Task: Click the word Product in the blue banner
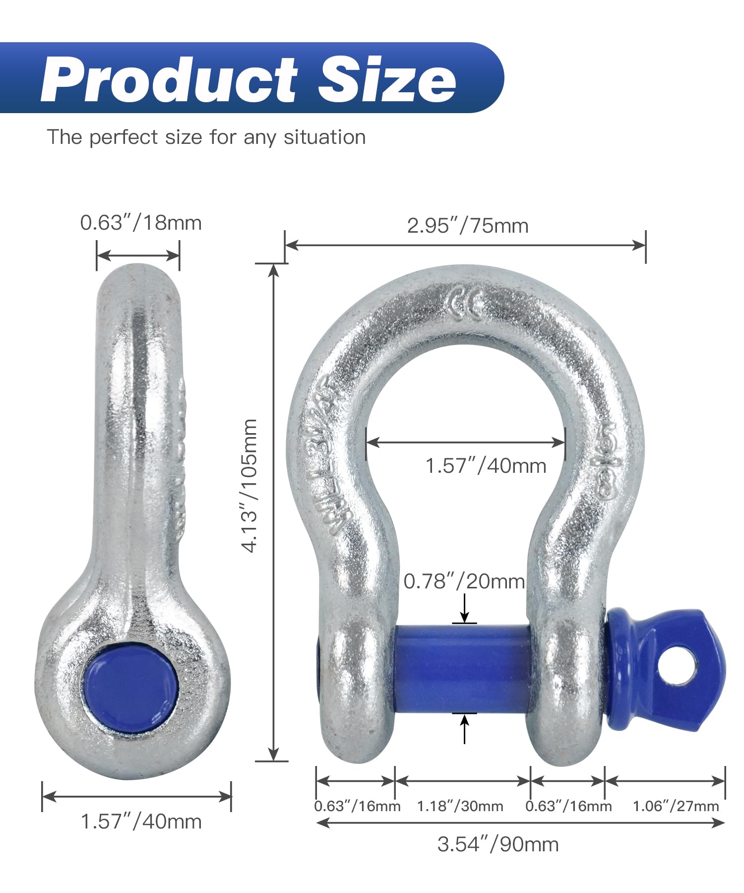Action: point(169,79)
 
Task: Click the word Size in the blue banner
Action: point(386,79)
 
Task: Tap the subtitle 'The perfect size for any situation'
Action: point(206,137)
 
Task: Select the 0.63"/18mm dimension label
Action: point(141,223)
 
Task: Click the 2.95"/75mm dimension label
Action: point(468,226)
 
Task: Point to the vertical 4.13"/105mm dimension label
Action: point(249,485)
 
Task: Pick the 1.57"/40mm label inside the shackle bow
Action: point(486,466)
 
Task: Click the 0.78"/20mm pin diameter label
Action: point(464,581)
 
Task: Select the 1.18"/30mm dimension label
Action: point(460,806)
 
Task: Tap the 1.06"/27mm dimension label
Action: point(676,806)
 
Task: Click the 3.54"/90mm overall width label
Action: point(498,844)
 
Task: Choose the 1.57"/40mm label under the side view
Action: point(141,822)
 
